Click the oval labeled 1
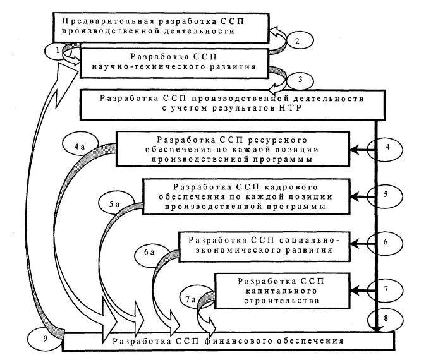56,49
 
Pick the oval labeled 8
387,318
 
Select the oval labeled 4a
81,147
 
